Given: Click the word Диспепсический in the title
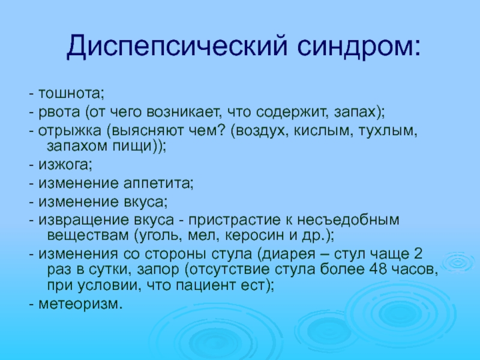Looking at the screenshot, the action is (x=178, y=47).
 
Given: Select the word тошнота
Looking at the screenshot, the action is (x=70, y=93).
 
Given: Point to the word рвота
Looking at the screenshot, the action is (x=59, y=112).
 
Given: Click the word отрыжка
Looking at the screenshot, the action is (x=70, y=131).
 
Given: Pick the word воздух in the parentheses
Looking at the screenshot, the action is (x=262, y=131).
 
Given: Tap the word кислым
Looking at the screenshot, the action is (x=322, y=130).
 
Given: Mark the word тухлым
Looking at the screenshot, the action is (x=386, y=131).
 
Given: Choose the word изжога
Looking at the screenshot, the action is (x=64, y=164).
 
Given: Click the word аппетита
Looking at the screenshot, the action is (x=157, y=184).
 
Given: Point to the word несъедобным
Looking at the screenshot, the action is (x=348, y=220).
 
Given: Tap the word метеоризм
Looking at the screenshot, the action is (x=79, y=304).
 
